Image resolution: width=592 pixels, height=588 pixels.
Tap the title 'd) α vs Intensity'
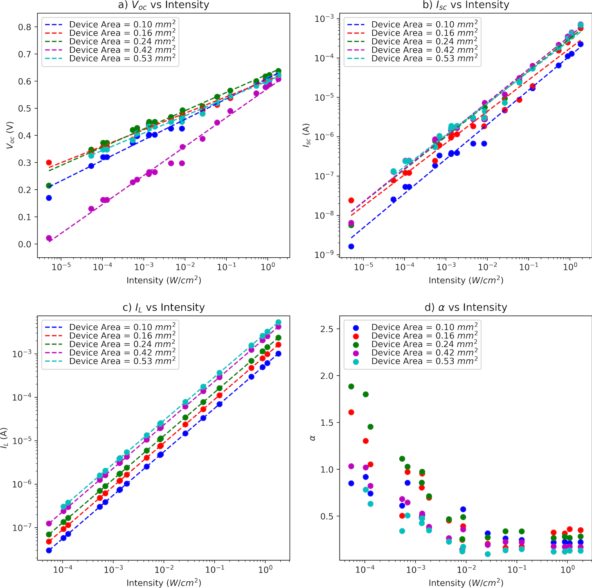click(466, 307)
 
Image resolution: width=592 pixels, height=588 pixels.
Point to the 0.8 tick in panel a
click(25, 27)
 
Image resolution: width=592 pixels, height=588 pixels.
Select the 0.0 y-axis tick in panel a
click(25, 244)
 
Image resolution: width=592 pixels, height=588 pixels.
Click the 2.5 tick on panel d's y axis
click(327, 329)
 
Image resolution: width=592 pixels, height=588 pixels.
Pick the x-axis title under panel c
click(164, 583)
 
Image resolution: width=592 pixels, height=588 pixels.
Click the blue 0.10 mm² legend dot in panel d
click(356, 328)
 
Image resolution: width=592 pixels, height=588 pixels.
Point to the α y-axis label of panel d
click(313, 438)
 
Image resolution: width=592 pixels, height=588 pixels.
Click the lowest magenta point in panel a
click(49, 238)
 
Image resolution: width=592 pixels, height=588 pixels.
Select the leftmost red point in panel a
click(49, 163)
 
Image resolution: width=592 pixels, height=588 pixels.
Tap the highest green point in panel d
click(351, 386)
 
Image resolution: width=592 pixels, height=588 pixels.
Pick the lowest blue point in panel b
click(351, 246)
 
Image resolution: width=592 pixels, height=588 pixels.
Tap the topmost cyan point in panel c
click(278, 322)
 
